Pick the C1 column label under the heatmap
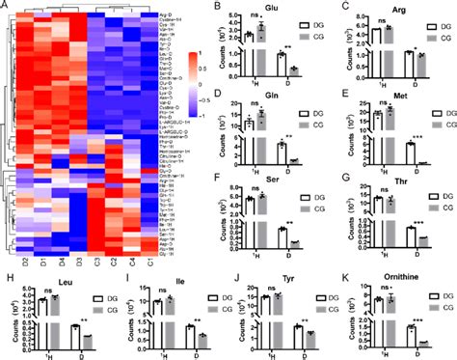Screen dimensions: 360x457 click(x=150, y=262)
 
